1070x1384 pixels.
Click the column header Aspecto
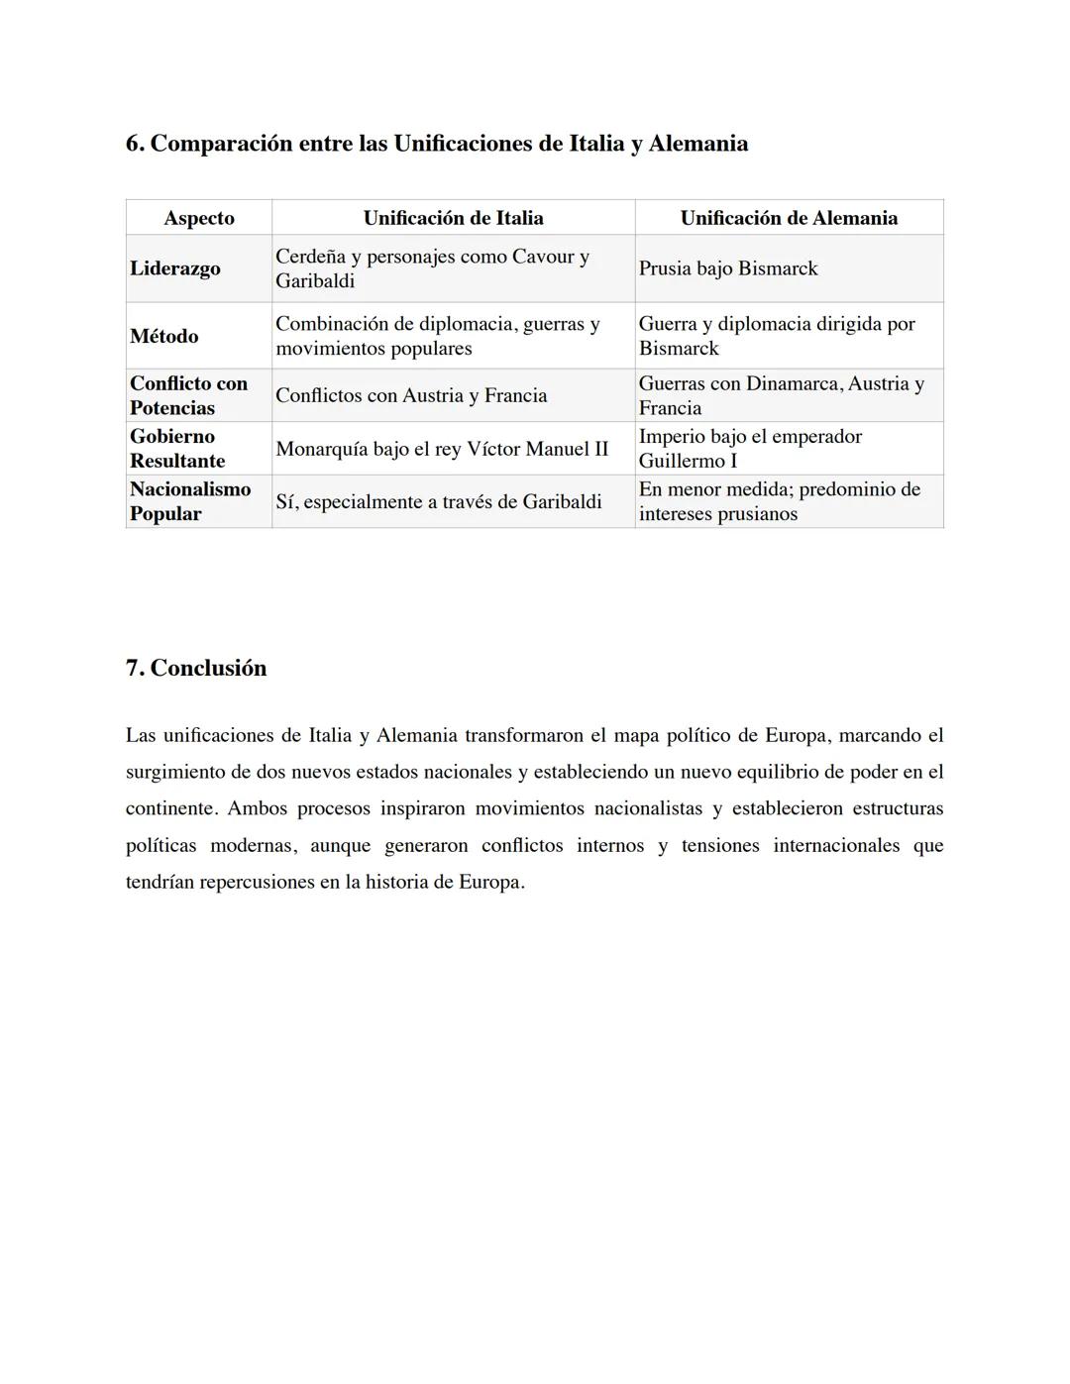point(199,218)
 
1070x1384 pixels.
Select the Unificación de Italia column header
point(453,218)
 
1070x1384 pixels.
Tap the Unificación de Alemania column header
point(789,218)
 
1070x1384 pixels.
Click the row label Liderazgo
point(175,268)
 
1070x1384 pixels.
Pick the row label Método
point(164,336)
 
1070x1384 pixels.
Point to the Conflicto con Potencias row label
point(188,395)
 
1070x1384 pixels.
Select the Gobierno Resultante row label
point(177,449)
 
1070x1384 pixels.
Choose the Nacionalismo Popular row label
point(190,501)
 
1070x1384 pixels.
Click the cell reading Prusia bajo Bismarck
point(728,268)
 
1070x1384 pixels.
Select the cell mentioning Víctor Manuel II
point(442,449)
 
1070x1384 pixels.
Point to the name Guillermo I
point(688,461)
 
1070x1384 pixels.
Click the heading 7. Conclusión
point(196,668)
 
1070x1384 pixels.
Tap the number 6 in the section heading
point(132,144)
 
